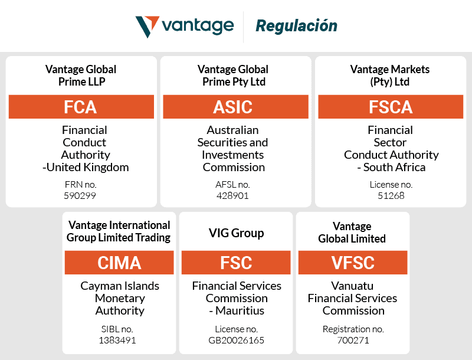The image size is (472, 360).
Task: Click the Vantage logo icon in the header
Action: [147, 27]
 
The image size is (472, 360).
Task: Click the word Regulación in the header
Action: [296, 26]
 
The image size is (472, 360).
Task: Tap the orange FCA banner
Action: [81, 107]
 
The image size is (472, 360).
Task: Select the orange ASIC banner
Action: [235, 107]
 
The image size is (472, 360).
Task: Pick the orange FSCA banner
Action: [390, 107]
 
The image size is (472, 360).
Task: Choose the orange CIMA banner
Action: [119, 263]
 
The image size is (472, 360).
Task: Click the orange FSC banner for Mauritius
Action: [236, 263]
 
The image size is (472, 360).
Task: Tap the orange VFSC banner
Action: [352, 263]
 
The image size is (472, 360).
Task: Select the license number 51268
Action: [391, 195]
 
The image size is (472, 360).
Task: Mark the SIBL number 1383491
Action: [119, 340]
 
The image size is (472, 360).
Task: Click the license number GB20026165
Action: [237, 340]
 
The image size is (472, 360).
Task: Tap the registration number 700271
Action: [353, 340]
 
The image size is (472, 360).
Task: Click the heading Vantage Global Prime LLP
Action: [81, 76]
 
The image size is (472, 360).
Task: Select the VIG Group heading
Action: [236, 233]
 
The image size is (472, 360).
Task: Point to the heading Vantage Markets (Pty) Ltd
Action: [390, 76]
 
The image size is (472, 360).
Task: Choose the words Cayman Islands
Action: [120, 286]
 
